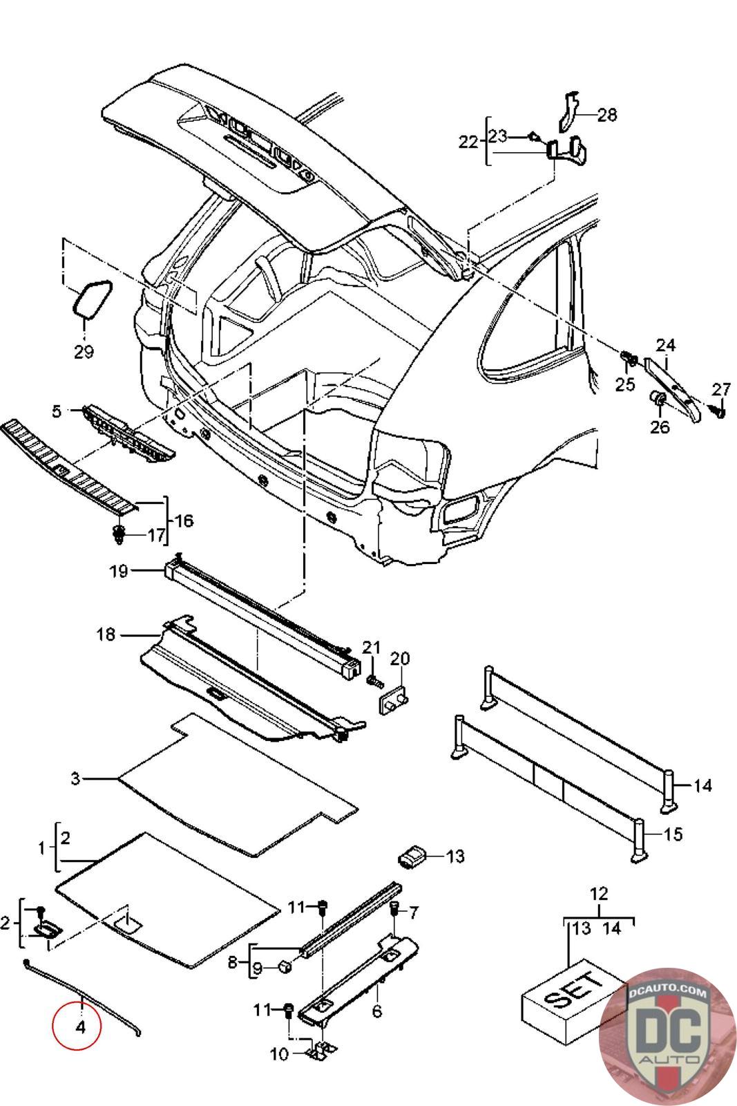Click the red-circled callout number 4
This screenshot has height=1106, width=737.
point(80,1027)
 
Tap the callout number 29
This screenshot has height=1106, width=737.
point(84,351)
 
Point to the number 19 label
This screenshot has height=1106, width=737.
point(119,572)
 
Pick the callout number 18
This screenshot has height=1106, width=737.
point(106,634)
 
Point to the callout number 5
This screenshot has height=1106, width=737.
point(57,411)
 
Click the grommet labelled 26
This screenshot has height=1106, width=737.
point(659,399)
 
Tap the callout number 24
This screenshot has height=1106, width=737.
point(665,344)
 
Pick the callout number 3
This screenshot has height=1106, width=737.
point(75,779)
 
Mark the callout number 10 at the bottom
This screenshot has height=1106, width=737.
point(278,1054)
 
